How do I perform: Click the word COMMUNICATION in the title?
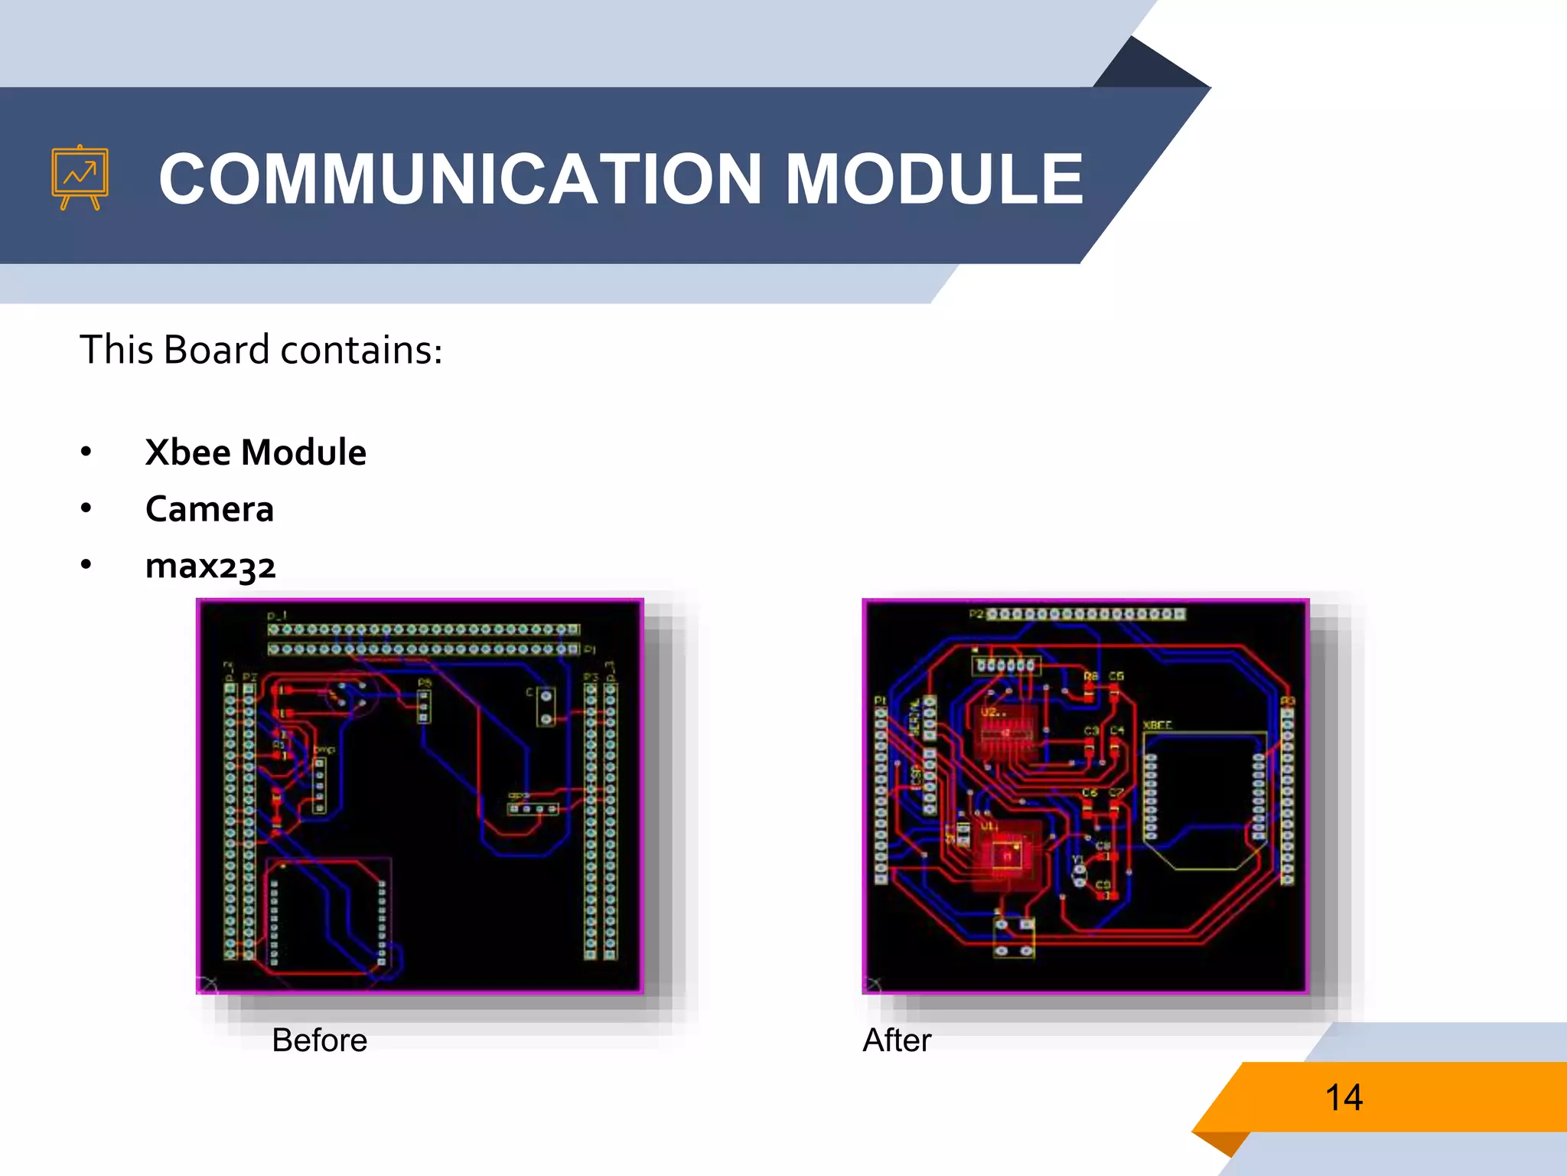coord(460,179)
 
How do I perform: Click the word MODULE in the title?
coord(934,179)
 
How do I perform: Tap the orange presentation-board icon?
coord(80,178)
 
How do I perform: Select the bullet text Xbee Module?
coord(256,452)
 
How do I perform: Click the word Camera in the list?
coord(209,509)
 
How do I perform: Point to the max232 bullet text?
coord(210,566)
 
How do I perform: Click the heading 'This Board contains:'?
coord(261,350)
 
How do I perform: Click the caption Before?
coord(319,1040)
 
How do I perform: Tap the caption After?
coord(897,1040)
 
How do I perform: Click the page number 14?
coord(1344,1097)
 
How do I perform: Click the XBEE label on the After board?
coord(1157,725)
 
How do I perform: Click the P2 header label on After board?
coord(976,614)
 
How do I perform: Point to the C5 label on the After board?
coord(1116,676)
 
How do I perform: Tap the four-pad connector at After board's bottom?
coord(1014,938)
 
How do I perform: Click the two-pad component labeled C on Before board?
coord(546,707)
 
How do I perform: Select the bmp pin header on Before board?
coord(320,785)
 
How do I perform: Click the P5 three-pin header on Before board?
coord(423,705)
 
